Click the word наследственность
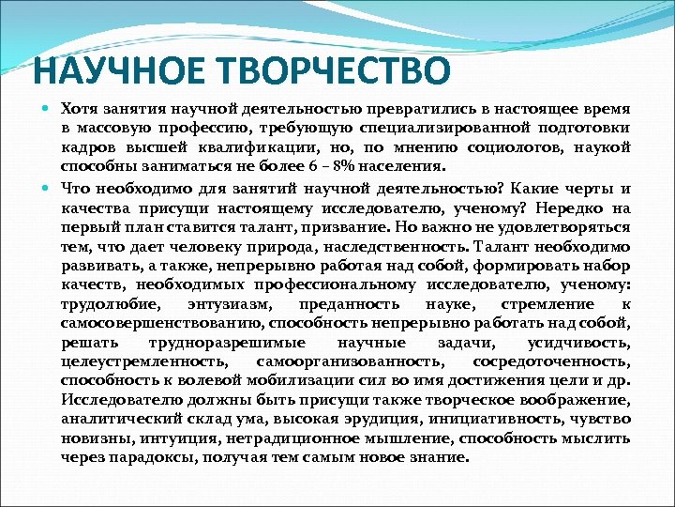pyautogui.click(x=402, y=247)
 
